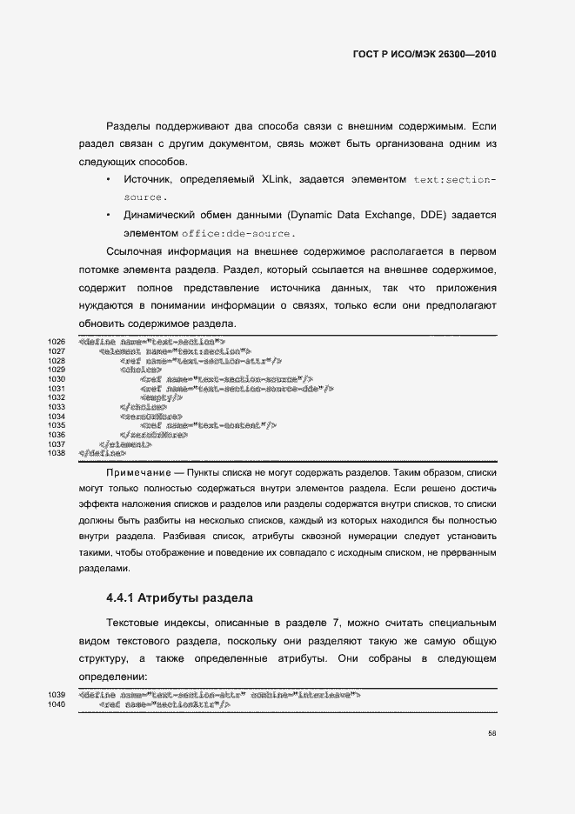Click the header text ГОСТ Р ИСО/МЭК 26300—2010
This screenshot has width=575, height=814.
point(423,54)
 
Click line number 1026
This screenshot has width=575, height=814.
point(57,341)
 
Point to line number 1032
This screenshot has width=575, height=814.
point(57,397)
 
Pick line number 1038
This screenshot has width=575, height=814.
point(57,453)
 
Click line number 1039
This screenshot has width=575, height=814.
point(57,695)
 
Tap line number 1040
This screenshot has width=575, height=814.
point(57,704)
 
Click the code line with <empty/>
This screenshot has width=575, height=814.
point(160,397)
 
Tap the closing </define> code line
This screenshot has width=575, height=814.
point(102,453)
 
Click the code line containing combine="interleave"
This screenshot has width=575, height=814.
point(219,695)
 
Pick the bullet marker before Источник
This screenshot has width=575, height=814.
point(108,179)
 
